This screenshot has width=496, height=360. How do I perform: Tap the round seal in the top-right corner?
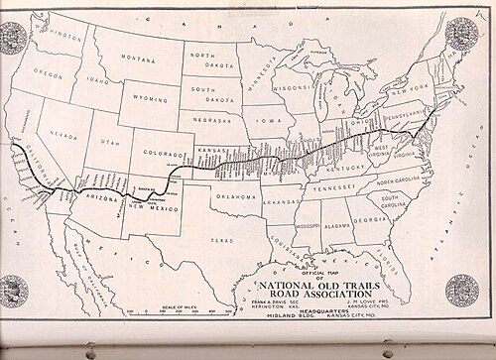pyautogui.click(x=462, y=30)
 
